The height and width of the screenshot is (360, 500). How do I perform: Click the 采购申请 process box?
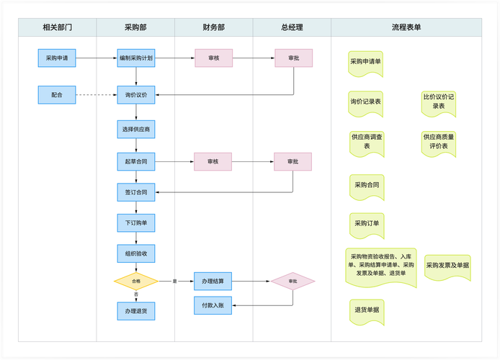[x=57, y=58]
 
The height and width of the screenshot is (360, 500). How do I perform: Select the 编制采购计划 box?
[x=136, y=58]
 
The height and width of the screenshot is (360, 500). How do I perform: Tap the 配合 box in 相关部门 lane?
[x=57, y=94]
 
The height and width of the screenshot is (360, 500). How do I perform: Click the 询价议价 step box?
[x=136, y=94]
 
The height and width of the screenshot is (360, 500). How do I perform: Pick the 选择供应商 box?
[x=136, y=129]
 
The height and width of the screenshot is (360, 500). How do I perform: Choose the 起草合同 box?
[x=136, y=162]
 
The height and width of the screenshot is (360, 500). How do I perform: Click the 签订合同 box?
[x=136, y=192]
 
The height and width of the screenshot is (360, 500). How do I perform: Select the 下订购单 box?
[x=136, y=223]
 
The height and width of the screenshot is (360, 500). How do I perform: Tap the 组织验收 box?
[x=136, y=253]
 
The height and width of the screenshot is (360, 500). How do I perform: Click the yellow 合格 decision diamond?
[x=136, y=281]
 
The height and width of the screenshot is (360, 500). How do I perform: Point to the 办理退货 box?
[x=136, y=311]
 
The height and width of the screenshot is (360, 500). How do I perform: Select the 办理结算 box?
[x=213, y=281]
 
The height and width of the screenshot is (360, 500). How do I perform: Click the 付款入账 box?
[x=213, y=305]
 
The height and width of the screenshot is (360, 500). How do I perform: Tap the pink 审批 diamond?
[x=293, y=281]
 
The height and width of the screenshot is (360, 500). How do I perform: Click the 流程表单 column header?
[x=406, y=27]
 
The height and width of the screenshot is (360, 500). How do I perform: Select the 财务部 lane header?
[x=213, y=27]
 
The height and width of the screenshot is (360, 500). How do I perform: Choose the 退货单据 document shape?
[x=367, y=310]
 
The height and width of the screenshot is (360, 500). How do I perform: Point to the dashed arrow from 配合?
[x=96, y=94]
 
